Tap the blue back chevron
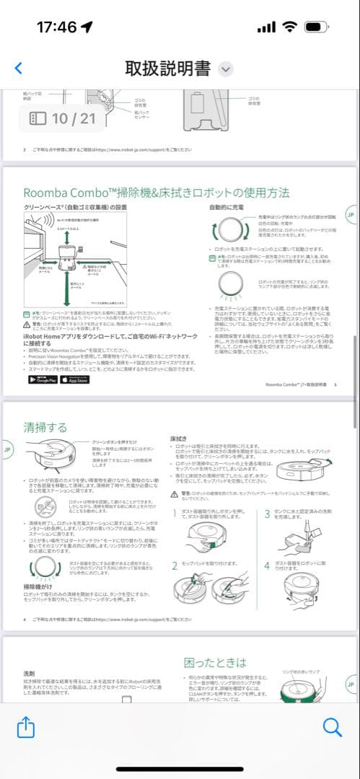click(19, 69)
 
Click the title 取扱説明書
click(168, 69)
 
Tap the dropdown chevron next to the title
click(226, 69)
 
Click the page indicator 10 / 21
click(62, 118)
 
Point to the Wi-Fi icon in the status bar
click(290, 27)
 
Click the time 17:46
click(56, 27)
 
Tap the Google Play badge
click(43, 379)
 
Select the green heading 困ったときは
click(215, 661)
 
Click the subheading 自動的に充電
click(228, 207)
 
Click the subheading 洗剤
click(29, 673)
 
